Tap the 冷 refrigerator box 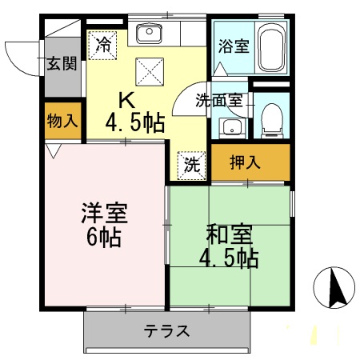(x=102, y=44)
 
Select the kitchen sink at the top (x=149, y=34)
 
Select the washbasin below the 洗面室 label (x=232, y=127)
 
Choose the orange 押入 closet (x=250, y=162)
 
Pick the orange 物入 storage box (x=62, y=122)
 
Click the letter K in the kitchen (x=127, y=101)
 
